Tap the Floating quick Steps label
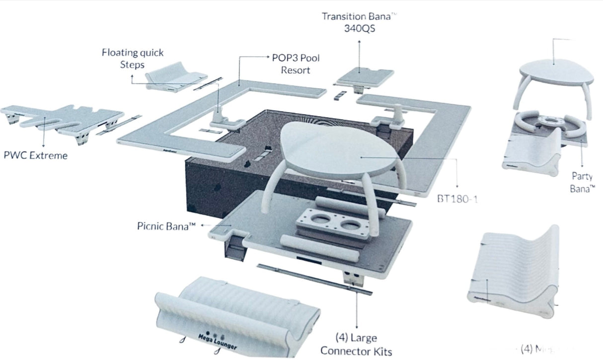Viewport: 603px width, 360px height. [x=132, y=58]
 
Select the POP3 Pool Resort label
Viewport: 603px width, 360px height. [x=296, y=64]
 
